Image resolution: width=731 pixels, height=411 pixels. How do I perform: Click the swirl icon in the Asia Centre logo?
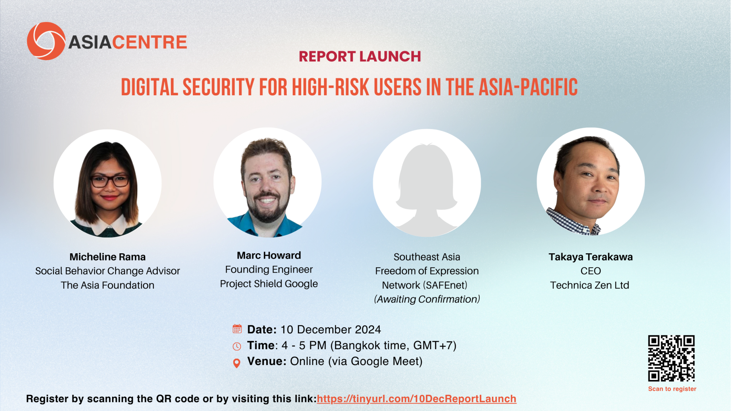46,41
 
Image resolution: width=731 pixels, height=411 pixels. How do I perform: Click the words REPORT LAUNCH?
360,56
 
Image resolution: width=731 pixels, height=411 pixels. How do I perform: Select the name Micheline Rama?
107,257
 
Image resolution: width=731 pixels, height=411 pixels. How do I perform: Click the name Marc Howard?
269,255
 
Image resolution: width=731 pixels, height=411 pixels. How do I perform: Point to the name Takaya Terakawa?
591,257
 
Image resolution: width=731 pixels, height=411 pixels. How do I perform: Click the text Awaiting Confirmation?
427,299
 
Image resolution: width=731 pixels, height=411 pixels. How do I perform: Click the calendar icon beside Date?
237,329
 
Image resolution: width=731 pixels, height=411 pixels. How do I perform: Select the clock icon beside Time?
237,346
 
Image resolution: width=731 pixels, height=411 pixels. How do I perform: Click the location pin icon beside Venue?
236,363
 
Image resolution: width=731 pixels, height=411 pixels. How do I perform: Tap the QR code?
671,358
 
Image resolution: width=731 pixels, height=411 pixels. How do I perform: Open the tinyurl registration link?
417,399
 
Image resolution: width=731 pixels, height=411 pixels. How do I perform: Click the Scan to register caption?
672,389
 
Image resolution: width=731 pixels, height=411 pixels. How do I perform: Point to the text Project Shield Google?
269,284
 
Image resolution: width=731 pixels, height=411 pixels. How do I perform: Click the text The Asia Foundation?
107,285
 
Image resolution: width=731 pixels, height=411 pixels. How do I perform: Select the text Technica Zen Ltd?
590,285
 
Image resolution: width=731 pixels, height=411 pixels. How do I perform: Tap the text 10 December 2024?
331,329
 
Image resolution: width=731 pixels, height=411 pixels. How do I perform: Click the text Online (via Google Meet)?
356,361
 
